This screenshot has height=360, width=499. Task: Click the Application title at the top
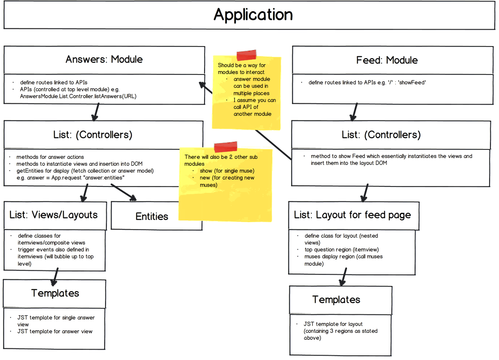[253, 15]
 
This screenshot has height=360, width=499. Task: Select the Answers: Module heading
[104, 59]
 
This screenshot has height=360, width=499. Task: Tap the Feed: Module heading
[387, 60]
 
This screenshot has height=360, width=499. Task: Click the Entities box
[152, 216]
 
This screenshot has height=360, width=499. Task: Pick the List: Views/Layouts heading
[54, 214]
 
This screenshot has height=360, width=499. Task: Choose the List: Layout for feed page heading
[352, 215]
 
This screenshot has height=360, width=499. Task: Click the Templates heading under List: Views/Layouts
[55, 293]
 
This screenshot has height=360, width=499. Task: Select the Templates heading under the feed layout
[336, 300]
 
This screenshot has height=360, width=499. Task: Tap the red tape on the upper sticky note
[247, 55]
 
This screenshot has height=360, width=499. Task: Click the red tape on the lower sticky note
[226, 147]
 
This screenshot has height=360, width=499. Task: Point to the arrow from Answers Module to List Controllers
[95, 112]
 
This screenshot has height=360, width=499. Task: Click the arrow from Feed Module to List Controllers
[353, 112]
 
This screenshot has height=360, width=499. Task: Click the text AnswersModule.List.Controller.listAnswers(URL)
[78, 96]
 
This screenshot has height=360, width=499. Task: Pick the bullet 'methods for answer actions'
[50, 157]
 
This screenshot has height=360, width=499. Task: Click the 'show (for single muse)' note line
[227, 171]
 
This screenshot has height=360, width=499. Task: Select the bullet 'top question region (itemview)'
[341, 250]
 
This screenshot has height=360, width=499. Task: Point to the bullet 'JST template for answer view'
[55, 331]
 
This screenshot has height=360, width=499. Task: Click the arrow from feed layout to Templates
[344, 276]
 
